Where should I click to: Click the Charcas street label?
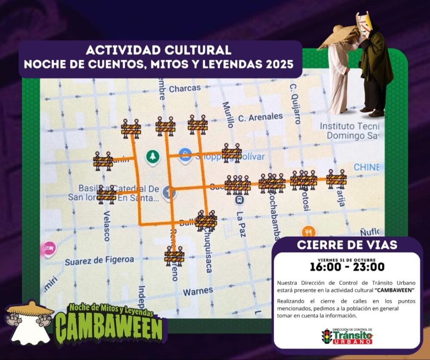(x=184, y=88)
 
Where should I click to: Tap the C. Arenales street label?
(x=261, y=116)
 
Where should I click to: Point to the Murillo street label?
(x=227, y=114)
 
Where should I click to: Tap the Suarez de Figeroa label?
(x=99, y=260)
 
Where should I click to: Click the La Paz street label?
(x=241, y=224)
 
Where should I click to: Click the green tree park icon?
(x=151, y=156)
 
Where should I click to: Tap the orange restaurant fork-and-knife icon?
(x=308, y=232)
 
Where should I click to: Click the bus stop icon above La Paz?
(x=239, y=199)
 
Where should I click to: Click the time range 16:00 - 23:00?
(x=347, y=267)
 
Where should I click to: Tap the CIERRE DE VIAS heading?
(x=347, y=245)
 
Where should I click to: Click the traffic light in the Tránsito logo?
(x=327, y=336)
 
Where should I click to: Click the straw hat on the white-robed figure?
(x=337, y=36)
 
